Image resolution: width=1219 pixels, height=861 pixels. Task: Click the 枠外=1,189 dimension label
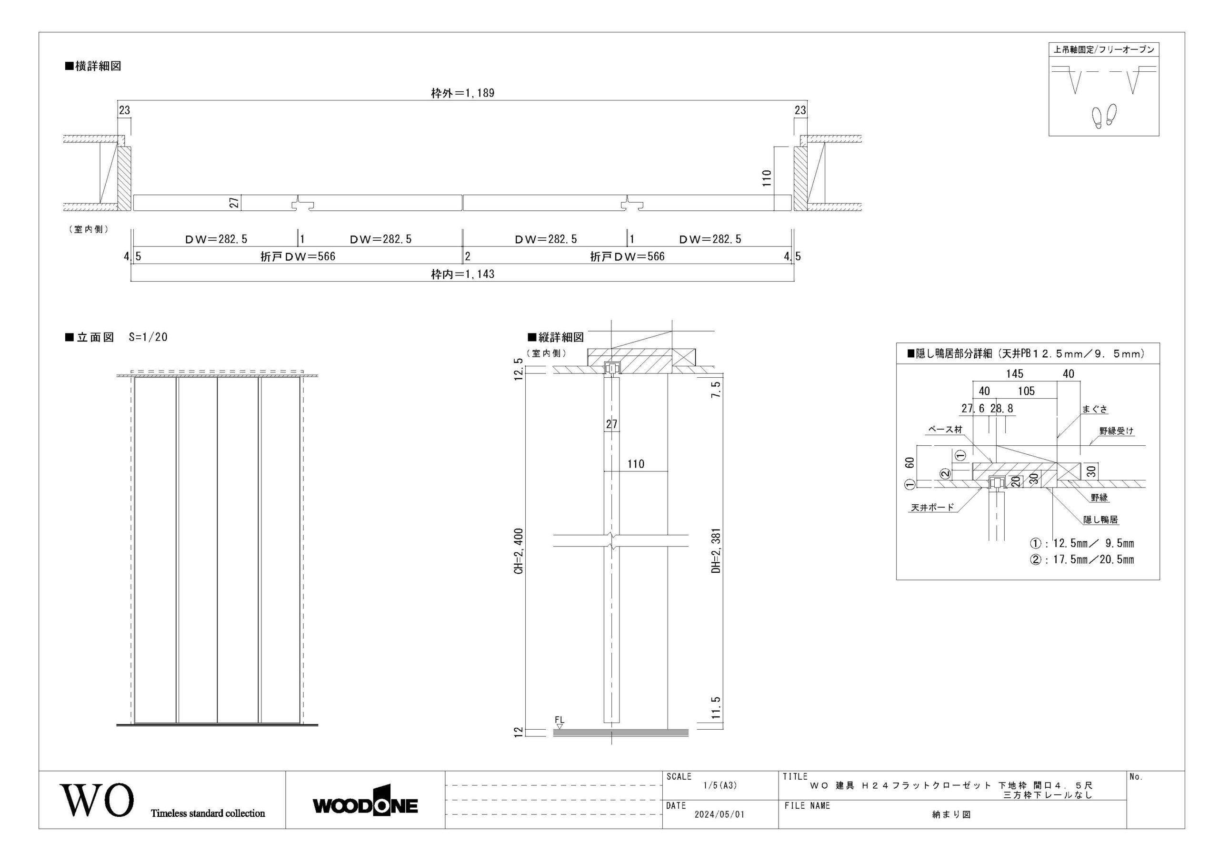pyautogui.click(x=462, y=93)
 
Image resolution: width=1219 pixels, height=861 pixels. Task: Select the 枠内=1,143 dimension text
pyautogui.click(x=462, y=274)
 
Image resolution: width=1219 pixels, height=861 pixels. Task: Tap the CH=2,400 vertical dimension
pyautogui.click(x=519, y=551)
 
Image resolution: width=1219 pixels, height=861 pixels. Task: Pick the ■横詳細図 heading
pyautogui.click(x=93, y=66)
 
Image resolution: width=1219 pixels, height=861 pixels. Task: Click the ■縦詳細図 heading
pyautogui.click(x=555, y=337)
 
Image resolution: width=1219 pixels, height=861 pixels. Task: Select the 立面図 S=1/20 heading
pyautogui.click(x=116, y=337)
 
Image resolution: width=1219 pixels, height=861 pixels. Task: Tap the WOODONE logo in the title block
pyautogui.click(x=365, y=805)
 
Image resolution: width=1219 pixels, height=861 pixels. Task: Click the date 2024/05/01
pyautogui.click(x=719, y=814)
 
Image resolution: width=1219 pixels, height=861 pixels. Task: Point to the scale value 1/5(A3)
pyautogui.click(x=720, y=786)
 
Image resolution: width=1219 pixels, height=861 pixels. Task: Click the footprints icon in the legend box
pyautogui.click(x=1104, y=115)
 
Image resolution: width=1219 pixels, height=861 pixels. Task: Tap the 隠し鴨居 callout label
pyautogui.click(x=1100, y=519)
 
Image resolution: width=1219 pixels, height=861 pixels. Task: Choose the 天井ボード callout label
pyautogui.click(x=932, y=507)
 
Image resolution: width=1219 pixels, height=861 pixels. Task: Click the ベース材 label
pyautogui.click(x=946, y=430)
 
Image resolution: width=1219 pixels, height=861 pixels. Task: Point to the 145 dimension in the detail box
pyautogui.click(x=1015, y=373)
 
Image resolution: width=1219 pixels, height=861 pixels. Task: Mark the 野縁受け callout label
pyautogui.click(x=1117, y=431)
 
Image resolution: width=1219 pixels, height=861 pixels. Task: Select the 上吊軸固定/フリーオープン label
pyautogui.click(x=1103, y=49)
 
